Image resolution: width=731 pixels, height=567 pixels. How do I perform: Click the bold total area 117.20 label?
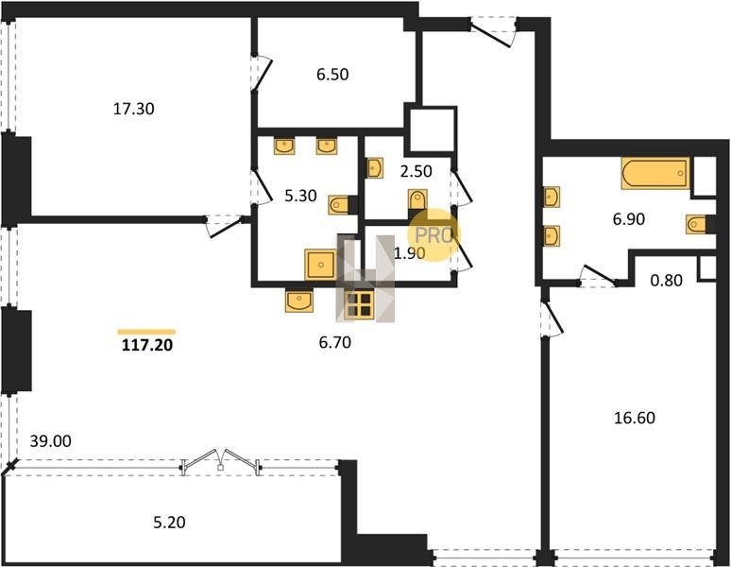(147, 345)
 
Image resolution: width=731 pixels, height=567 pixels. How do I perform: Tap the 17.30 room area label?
(134, 109)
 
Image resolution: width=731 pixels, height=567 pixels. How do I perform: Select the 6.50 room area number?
(332, 75)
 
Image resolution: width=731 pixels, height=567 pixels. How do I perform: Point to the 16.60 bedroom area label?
(635, 418)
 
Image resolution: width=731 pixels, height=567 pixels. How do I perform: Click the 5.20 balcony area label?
(169, 523)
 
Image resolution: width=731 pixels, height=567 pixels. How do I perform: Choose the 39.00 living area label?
(50, 441)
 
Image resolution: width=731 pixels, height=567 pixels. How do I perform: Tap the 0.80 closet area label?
(666, 281)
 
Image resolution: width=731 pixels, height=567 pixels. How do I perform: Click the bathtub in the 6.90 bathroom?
(655, 174)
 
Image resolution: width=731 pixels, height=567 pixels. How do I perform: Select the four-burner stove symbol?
(359, 305)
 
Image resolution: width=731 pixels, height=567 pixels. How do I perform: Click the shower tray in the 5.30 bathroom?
(320, 265)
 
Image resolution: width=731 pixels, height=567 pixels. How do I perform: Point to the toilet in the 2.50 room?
(417, 199)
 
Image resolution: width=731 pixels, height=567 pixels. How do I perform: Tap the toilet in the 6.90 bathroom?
(696, 224)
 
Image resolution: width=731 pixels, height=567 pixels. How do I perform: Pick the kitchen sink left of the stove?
(298, 301)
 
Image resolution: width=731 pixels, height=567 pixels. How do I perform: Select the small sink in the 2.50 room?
(375, 168)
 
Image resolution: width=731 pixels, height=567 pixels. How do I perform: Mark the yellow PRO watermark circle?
(433, 234)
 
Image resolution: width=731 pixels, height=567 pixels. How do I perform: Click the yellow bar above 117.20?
(146, 332)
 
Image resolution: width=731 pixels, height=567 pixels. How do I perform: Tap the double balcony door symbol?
(221, 461)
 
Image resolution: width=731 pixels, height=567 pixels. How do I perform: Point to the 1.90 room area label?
(409, 253)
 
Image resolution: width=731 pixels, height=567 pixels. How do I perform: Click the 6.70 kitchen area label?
(334, 343)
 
